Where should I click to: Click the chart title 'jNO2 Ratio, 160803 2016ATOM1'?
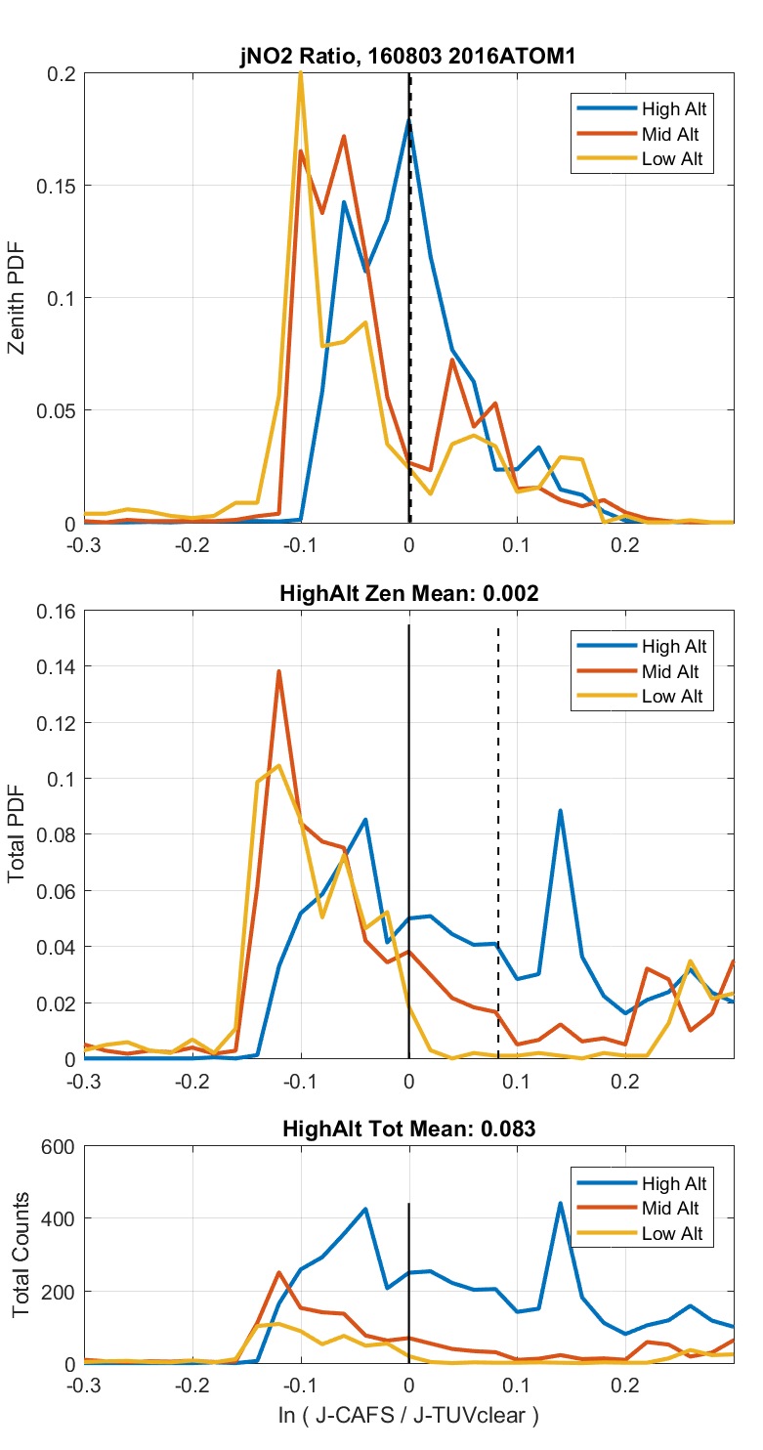click(408, 58)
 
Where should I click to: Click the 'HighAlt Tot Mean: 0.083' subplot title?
click(408, 1130)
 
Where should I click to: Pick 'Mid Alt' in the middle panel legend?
click(670, 671)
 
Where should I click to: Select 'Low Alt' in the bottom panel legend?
click(672, 1234)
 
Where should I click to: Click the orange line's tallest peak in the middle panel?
click(279, 671)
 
